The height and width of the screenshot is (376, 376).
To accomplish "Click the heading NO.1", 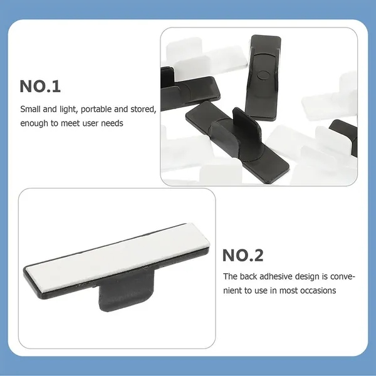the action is pyautogui.click(x=40, y=86).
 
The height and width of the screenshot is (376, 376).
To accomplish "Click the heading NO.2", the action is pyautogui.click(x=243, y=256).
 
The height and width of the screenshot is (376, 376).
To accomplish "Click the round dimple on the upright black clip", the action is pyautogui.click(x=263, y=75).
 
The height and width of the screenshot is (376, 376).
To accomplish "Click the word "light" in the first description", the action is pyautogui.click(x=68, y=109).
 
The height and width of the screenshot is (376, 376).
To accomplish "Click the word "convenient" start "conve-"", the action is pyautogui.click(x=342, y=277).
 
